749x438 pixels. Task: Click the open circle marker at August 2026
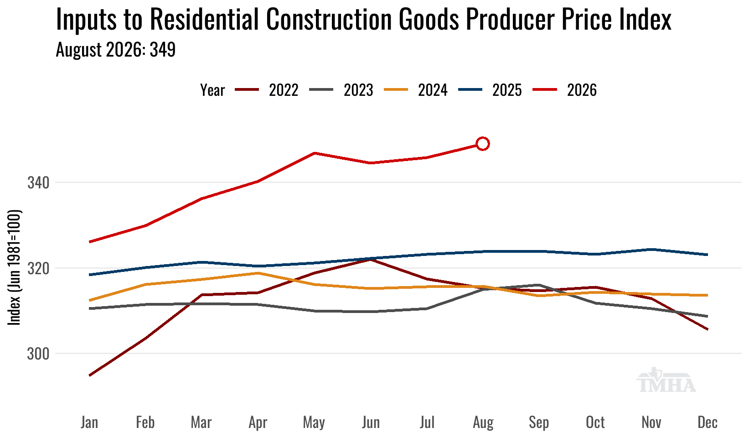click(x=483, y=144)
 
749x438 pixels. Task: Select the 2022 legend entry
click(x=267, y=90)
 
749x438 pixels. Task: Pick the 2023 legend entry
click(x=341, y=90)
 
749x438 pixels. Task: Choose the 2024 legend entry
click(x=416, y=90)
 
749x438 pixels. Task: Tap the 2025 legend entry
click(x=490, y=90)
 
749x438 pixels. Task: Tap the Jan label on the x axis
click(x=90, y=422)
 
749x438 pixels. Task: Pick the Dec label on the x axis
click(x=708, y=422)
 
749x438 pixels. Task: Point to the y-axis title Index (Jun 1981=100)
click(x=14, y=267)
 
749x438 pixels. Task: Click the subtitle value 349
click(x=162, y=50)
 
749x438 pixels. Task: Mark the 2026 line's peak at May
click(x=314, y=153)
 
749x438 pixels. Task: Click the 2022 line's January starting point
click(x=90, y=375)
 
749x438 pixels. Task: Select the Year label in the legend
click(x=212, y=90)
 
